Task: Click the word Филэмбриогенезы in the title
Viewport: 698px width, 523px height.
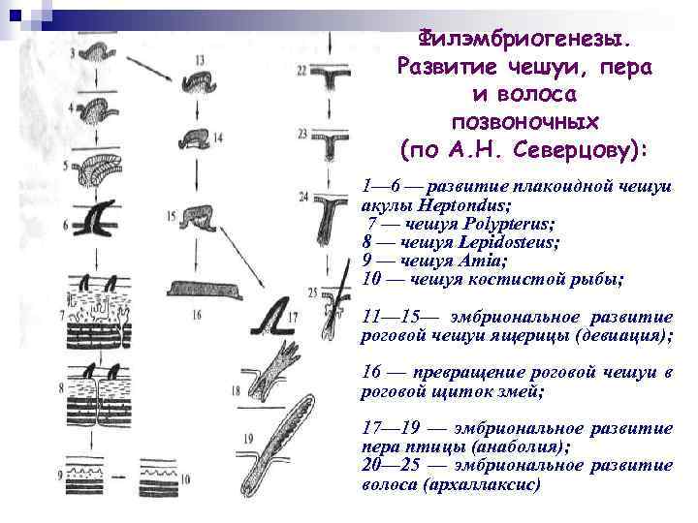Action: (523, 40)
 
